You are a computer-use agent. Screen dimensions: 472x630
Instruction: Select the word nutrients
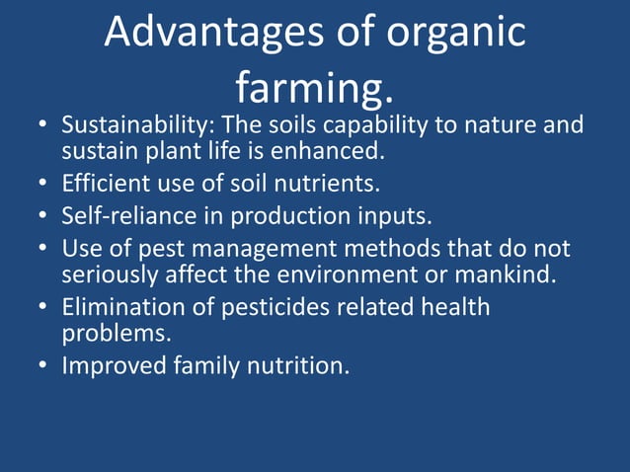tap(332, 184)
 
